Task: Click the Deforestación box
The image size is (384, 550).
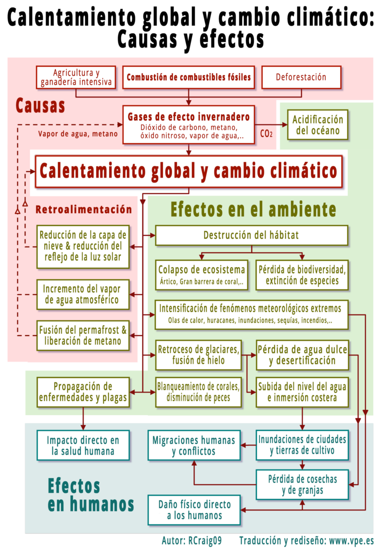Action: [301, 77]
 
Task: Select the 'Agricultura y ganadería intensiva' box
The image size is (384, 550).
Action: [76, 77]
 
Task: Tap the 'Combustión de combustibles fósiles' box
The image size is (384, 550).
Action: [188, 77]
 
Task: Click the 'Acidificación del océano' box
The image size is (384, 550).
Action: [317, 125]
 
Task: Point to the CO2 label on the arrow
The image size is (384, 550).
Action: [266, 133]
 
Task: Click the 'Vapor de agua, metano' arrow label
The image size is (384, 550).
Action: [78, 134]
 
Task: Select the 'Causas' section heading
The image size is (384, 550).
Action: [40, 105]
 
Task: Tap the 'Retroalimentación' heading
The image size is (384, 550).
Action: [84, 209]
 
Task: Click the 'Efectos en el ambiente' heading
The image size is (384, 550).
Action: [253, 209]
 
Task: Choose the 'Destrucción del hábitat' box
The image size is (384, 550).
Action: [251, 235]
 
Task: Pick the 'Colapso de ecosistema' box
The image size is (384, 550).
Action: [201, 275]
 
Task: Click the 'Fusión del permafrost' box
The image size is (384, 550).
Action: [83, 335]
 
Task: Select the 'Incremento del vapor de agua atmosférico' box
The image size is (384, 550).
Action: [83, 294]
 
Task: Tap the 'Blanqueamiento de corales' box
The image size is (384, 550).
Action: [198, 392]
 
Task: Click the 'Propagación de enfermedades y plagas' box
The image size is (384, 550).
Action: [83, 392]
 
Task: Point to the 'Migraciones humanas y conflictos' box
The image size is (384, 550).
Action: [194, 445]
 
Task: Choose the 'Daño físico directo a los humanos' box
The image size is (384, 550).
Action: [194, 510]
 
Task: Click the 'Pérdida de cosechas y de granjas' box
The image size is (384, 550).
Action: [302, 485]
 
